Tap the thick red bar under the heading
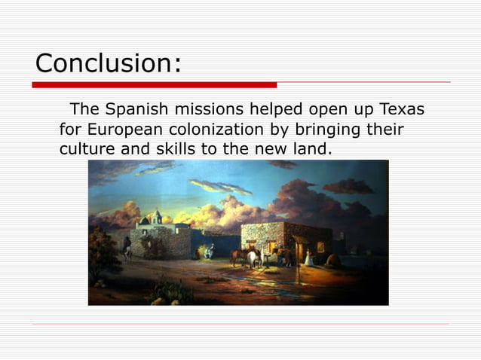(155, 84)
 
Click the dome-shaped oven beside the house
(332, 258)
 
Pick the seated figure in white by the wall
(212, 250)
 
